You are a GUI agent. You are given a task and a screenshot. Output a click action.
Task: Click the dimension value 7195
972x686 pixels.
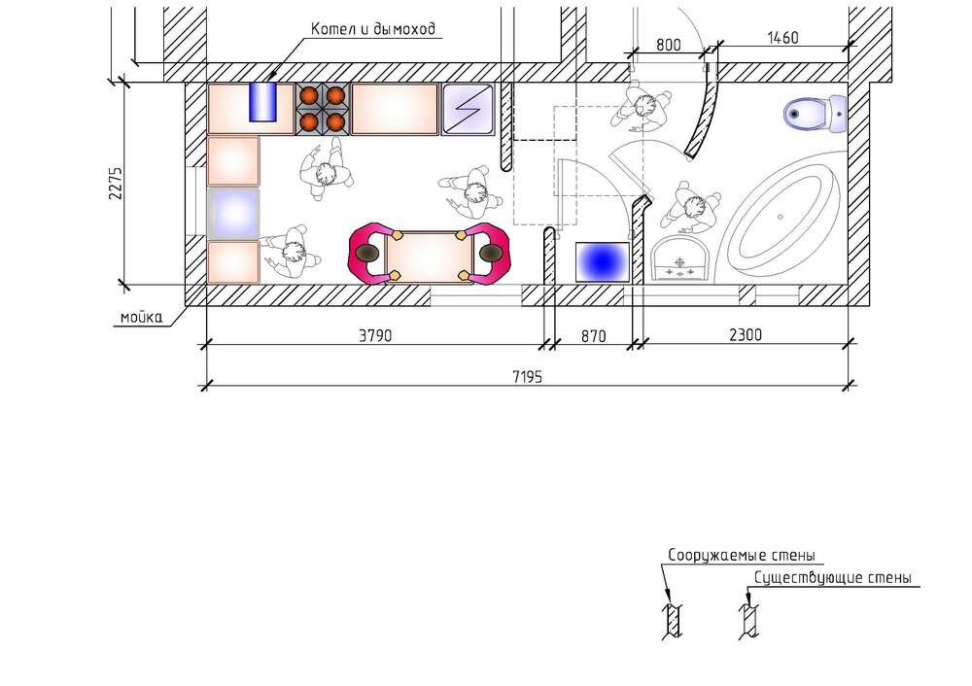[x=527, y=376]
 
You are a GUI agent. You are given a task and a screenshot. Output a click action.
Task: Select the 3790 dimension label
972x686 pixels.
[x=375, y=335]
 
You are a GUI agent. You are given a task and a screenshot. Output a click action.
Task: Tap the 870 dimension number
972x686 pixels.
[x=593, y=336]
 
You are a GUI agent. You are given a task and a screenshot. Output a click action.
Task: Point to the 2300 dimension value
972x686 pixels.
[x=746, y=334]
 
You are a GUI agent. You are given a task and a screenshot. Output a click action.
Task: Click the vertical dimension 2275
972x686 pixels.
[x=116, y=183]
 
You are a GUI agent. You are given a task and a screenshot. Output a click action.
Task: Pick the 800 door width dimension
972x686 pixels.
[x=669, y=45]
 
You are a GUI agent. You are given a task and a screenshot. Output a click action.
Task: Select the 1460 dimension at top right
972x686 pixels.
[x=782, y=38]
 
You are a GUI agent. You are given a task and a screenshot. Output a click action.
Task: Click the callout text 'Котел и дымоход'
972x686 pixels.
[x=373, y=28]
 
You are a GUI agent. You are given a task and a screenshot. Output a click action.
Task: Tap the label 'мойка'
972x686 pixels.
[x=141, y=318]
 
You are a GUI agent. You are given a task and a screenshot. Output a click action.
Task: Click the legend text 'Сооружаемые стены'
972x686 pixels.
[x=742, y=555]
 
